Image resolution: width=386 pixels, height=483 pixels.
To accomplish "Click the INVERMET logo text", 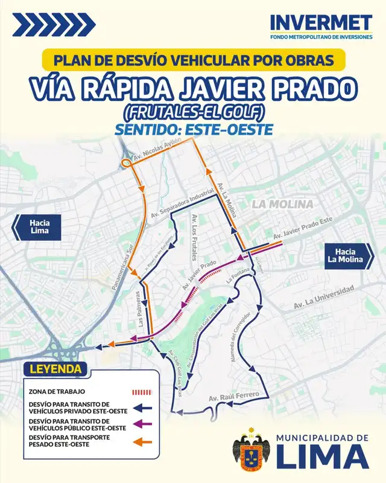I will click(x=321, y=23).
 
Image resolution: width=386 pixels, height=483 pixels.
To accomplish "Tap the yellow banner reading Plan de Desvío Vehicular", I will click(x=193, y=61).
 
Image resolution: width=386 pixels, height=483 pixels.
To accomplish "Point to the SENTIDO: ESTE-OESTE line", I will click(x=193, y=129).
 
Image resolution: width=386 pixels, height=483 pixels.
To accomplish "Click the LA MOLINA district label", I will click(x=283, y=204).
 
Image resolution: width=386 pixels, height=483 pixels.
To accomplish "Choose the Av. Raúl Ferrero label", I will click(x=233, y=397).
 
